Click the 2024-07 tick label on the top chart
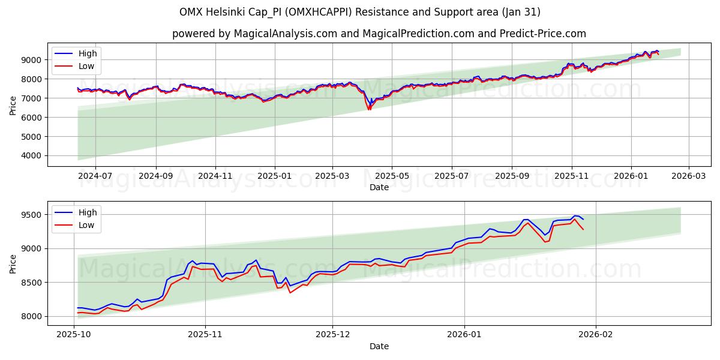95,176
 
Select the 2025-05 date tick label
392,176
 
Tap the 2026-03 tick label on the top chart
688,176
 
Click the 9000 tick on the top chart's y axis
31,60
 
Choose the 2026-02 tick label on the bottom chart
596,335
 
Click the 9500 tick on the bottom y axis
31,215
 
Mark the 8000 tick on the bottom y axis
31,316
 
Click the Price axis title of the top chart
13,105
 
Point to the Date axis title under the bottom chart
379,346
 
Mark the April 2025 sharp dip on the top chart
369,108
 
